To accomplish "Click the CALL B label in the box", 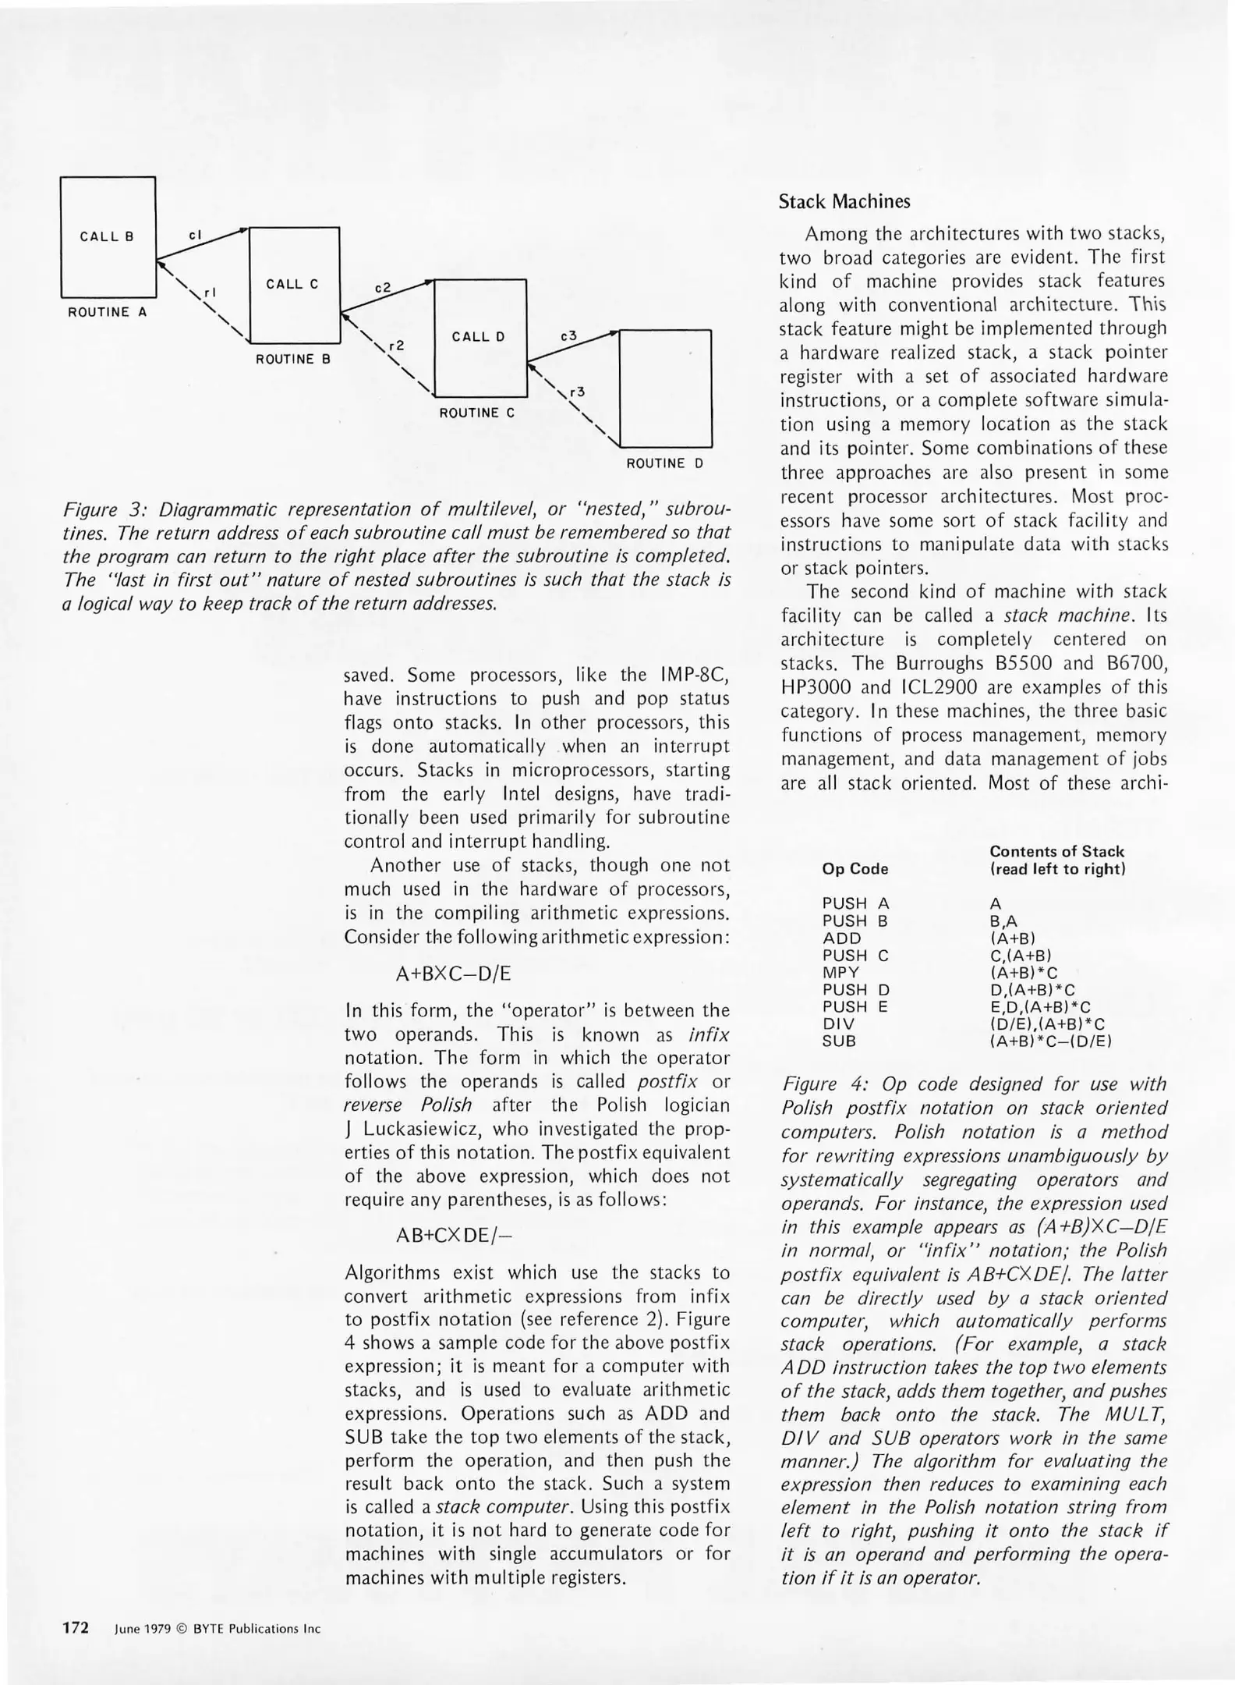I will pyautogui.click(x=107, y=237).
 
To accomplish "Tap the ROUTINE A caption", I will pyautogui.click(x=108, y=312).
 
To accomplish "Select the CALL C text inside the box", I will pyautogui.click(x=292, y=285).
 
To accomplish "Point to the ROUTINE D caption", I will pyautogui.click(x=665, y=463).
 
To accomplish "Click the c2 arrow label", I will pyautogui.click(x=382, y=288).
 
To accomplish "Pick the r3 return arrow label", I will pyautogui.click(x=577, y=392).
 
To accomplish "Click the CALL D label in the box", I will pyautogui.click(x=478, y=337).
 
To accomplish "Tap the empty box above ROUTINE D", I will pyautogui.click(x=665, y=388).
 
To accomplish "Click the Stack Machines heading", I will pyautogui.click(x=844, y=202).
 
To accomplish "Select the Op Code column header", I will pyautogui.click(x=855, y=869).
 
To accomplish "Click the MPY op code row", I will pyautogui.click(x=840, y=973).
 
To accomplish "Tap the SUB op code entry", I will pyautogui.click(x=839, y=1041).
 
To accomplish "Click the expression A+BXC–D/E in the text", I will pyautogui.click(x=454, y=974).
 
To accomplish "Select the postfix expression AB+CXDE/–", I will pyautogui.click(x=455, y=1236).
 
